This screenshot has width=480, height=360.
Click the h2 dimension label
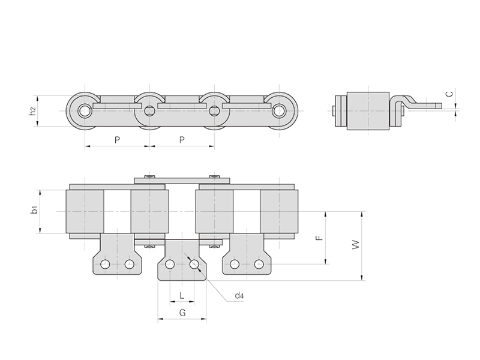[x=33, y=111]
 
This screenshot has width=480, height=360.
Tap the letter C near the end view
[x=449, y=94]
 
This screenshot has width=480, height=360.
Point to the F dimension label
[x=320, y=238]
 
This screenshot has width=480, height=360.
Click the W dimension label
[x=355, y=245]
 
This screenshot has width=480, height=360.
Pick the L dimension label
[x=182, y=295]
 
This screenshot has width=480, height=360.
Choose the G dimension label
[x=182, y=313]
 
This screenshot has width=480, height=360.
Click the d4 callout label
[x=239, y=296]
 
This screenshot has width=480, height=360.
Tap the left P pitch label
[x=117, y=140]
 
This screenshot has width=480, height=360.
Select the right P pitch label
[x=182, y=140]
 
